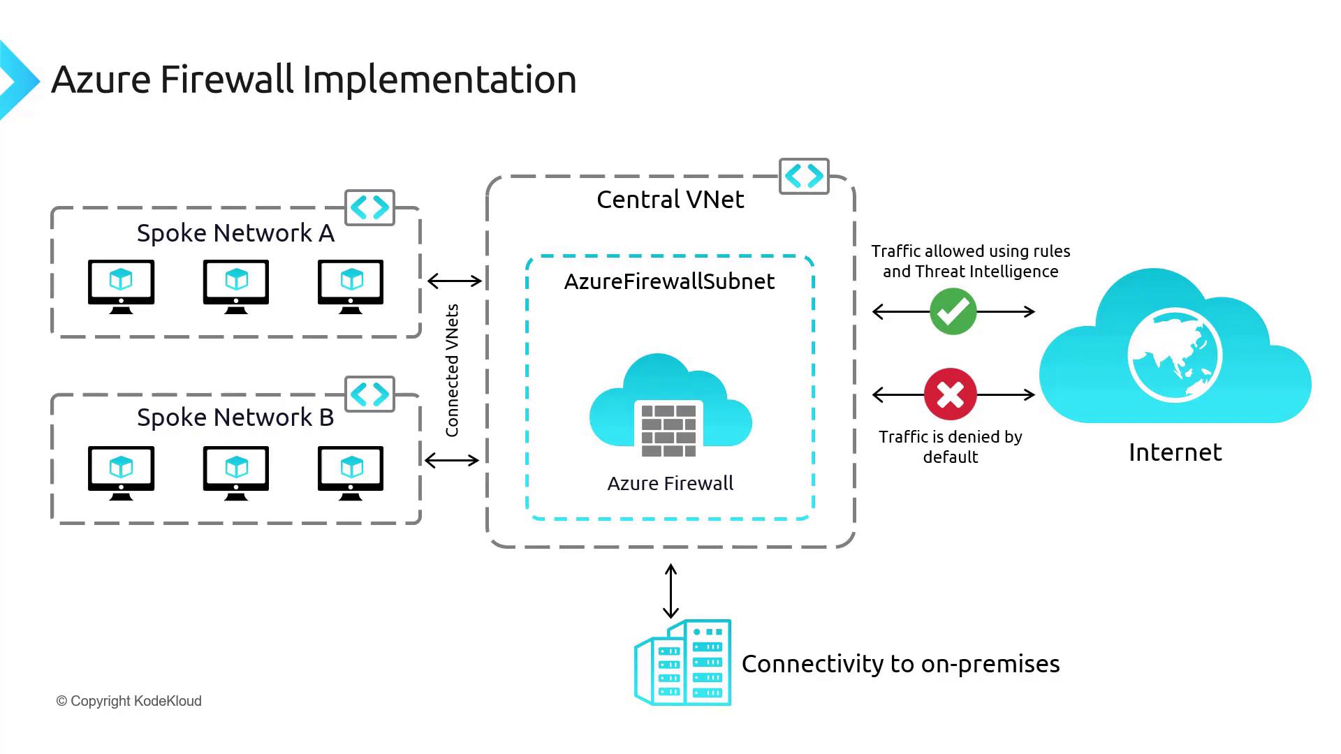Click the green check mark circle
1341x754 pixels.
pyautogui.click(x=953, y=311)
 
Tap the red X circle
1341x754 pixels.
pyautogui.click(x=951, y=394)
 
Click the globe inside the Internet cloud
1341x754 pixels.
pyautogui.click(x=1175, y=355)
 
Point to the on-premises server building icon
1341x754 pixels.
pyautogui.click(x=683, y=663)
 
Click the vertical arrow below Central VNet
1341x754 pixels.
pyautogui.click(x=670, y=591)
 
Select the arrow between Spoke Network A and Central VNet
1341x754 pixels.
pyautogui.click(x=455, y=281)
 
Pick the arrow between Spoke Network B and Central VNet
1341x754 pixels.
pyautogui.click(x=452, y=460)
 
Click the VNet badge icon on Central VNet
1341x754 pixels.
pyautogui.click(x=804, y=176)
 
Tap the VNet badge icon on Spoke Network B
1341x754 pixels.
pyautogui.click(x=370, y=394)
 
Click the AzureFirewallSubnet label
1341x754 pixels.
pyautogui.click(x=669, y=281)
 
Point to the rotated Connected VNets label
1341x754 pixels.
pyautogui.click(x=453, y=370)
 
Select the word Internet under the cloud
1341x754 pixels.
pyautogui.click(x=1175, y=452)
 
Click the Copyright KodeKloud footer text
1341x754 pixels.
pyautogui.click(x=129, y=701)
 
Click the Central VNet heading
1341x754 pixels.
pyautogui.click(x=670, y=200)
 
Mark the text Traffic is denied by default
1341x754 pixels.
pyautogui.click(x=951, y=447)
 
